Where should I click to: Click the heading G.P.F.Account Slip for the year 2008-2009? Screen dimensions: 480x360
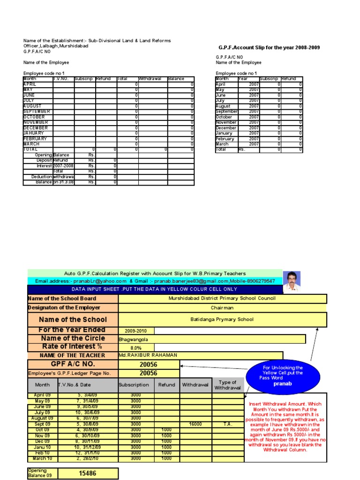pos(269,48)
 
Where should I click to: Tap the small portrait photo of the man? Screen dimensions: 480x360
pos(292,281)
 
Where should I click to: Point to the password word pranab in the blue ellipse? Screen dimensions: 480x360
pos(283,383)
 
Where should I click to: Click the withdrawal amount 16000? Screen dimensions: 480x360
pos(195,424)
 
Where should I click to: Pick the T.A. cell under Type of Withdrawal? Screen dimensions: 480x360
pos(227,424)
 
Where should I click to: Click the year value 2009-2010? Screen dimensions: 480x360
pos(136,330)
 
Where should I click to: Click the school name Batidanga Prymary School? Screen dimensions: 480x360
pos(222,319)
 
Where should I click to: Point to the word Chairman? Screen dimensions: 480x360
pos(222,308)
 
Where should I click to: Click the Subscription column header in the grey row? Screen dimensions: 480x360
pos(136,385)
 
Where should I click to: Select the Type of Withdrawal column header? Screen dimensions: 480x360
pos(227,385)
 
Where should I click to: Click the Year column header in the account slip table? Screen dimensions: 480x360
pos(243,79)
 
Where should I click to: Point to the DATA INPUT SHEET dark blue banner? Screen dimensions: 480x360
pos(155,289)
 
